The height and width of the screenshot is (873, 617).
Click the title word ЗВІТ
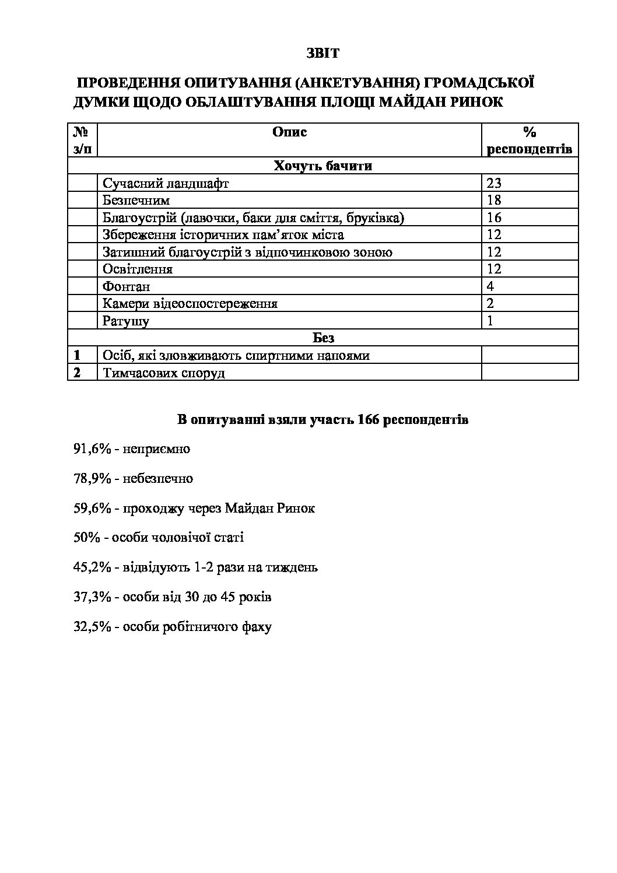(322, 53)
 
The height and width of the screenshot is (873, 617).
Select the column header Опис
(289, 132)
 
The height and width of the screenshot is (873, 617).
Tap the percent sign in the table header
(530, 132)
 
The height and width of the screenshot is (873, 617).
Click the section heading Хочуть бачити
(322, 166)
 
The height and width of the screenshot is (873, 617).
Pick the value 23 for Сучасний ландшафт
(494, 183)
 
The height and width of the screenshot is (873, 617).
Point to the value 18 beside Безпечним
(494, 201)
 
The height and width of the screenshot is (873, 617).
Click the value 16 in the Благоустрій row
(494, 218)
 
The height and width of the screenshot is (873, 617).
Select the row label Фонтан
(126, 286)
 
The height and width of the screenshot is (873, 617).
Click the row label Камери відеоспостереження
(190, 304)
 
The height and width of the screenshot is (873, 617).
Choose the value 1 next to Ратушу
(490, 321)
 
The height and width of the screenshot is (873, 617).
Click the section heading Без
(323, 338)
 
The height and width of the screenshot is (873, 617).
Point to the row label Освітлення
(138, 269)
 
